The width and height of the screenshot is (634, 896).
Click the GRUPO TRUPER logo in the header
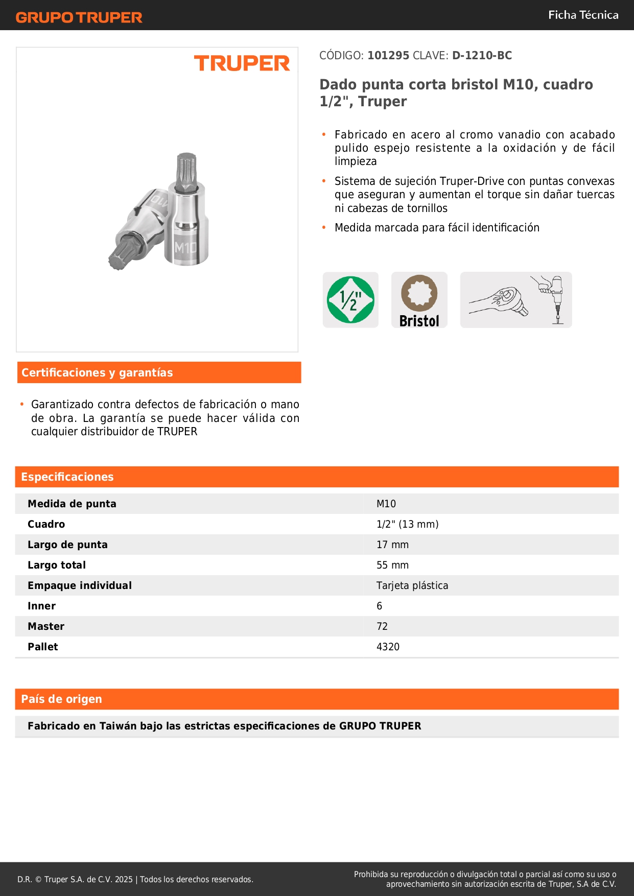click(79, 17)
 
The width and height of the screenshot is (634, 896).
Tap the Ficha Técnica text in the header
click(583, 15)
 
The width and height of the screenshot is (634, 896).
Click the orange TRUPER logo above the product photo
click(242, 63)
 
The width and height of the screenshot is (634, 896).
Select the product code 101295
click(388, 56)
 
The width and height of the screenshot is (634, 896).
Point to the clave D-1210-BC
click(482, 56)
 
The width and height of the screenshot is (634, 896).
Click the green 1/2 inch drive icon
click(350, 300)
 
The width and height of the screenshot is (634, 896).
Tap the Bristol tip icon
click(419, 300)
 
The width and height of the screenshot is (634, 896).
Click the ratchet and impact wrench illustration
click(515, 300)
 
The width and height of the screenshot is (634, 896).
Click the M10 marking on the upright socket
click(185, 248)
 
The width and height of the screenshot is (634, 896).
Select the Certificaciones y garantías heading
click(97, 373)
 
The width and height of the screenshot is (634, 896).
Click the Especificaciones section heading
click(67, 477)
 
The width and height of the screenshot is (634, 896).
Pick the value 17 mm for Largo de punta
click(392, 545)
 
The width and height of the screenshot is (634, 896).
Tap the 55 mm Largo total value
click(392, 565)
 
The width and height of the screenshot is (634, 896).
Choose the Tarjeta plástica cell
click(412, 585)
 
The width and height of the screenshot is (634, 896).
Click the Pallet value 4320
click(388, 647)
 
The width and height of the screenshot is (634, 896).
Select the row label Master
click(46, 626)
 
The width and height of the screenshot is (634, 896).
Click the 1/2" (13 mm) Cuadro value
click(407, 524)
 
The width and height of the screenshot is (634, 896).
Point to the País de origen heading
click(61, 699)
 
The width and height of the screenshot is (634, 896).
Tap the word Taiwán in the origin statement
click(118, 726)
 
